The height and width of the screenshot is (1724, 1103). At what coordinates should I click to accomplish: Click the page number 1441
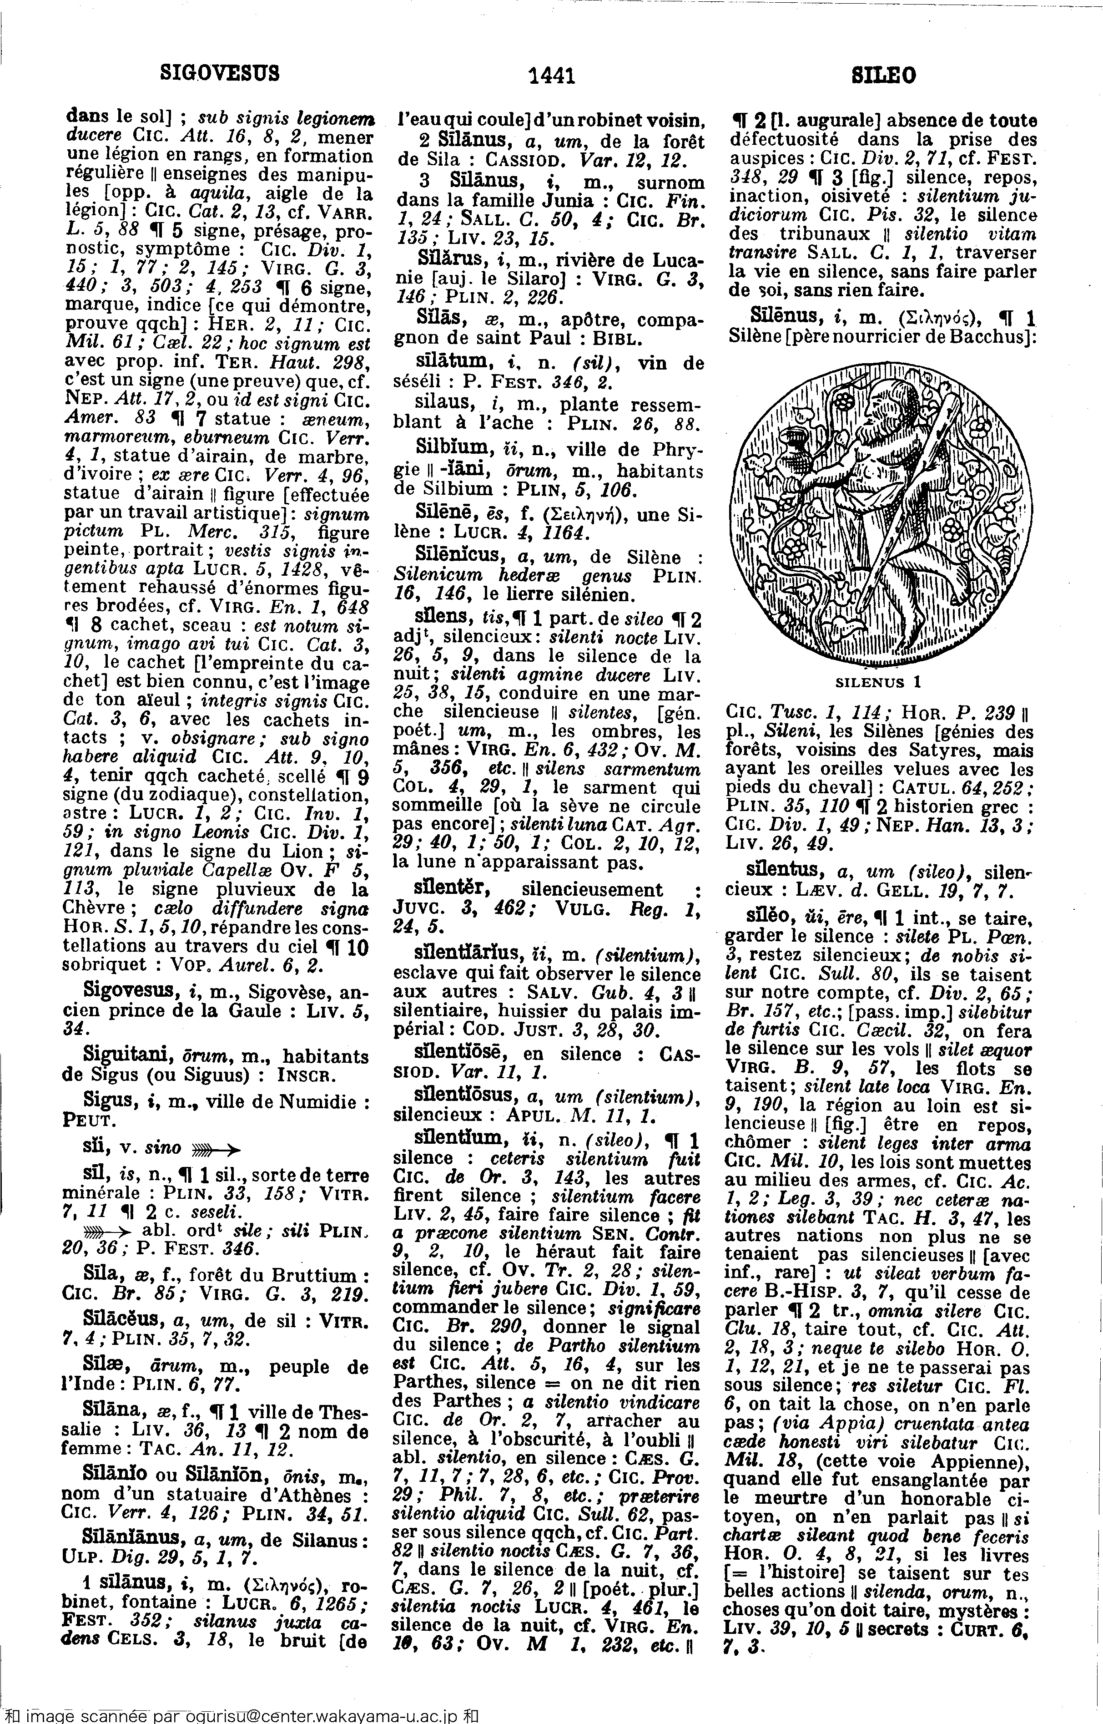551,75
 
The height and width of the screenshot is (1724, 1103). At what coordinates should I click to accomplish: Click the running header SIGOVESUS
219,73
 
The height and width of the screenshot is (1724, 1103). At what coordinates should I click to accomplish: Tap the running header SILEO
884,75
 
